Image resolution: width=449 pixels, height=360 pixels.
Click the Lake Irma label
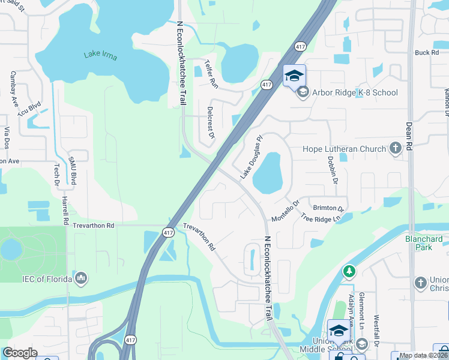pos(100,55)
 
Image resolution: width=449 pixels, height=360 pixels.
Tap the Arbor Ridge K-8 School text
pos(354,92)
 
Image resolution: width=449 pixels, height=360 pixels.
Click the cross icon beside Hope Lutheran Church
pos(396,148)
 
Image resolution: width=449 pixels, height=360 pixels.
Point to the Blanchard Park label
pos(424,243)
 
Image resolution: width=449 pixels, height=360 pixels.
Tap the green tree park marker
pos(349,272)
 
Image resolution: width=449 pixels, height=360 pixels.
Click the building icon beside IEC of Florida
pos(80,278)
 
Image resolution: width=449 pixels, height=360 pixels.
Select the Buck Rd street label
pos(427,53)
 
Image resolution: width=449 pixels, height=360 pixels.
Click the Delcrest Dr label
pos(211,124)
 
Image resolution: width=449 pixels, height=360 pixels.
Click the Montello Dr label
pos(285,211)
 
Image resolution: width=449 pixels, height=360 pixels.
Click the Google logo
pos(20,352)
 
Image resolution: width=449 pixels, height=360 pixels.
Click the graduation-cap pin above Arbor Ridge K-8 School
pos(294,76)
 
